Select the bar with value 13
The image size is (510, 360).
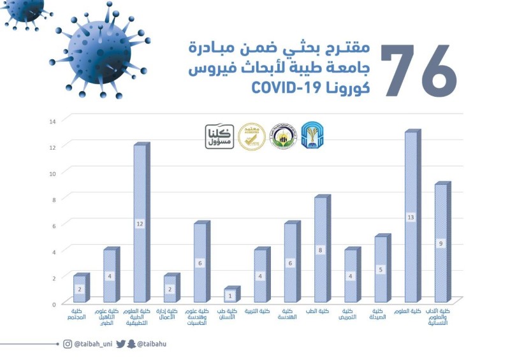point(411,217)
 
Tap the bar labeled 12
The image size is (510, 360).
point(140,223)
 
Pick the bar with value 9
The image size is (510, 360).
point(441,242)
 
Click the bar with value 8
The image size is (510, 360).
point(321,250)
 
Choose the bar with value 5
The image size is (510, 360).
point(381,268)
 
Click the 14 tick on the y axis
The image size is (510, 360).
point(53,120)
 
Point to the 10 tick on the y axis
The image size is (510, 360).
point(53,173)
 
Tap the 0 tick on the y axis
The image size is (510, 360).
point(54,304)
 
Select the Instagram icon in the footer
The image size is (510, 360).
point(68,344)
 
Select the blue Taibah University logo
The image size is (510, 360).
point(312,135)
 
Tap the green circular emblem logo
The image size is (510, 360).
point(282,136)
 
